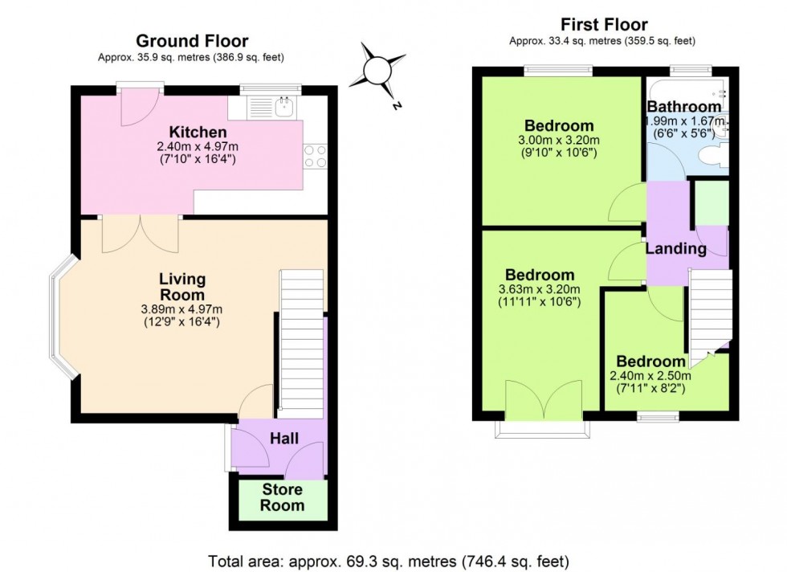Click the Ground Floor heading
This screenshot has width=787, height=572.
(x=192, y=41)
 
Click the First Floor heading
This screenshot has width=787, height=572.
(x=603, y=24)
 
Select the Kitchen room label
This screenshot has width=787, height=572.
(x=198, y=132)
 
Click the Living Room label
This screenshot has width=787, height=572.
(x=182, y=287)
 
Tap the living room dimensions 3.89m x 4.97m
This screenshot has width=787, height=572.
(x=182, y=309)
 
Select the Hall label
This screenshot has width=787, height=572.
(x=284, y=439)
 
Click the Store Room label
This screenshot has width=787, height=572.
(x=283, y=497)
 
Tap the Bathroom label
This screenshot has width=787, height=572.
(x=683, y=107)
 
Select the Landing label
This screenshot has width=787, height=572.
(x=676, y=249)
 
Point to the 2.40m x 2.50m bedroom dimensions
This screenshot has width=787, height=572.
(x=651, y=376)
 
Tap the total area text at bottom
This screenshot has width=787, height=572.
(x=389, y=560)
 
